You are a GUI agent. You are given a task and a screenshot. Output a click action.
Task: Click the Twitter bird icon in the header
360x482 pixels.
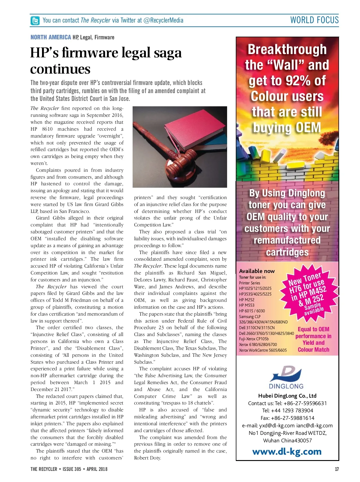[35, 21]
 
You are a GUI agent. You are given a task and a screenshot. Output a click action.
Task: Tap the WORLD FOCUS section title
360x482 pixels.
[314, 20]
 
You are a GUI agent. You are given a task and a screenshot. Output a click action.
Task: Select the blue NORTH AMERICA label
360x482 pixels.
[51, 37]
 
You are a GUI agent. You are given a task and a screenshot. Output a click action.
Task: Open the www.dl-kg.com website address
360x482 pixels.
[287, 452]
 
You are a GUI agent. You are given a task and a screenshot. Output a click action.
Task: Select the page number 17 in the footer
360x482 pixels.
[337, 469]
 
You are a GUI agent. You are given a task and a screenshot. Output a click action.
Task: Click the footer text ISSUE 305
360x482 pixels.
[72, 469]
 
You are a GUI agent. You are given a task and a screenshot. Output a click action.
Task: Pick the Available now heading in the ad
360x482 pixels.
[257, 271]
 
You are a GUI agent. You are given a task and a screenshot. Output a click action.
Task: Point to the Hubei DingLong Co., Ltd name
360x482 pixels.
[287, 396]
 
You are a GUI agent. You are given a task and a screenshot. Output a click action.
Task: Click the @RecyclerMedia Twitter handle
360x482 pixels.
[163, 20]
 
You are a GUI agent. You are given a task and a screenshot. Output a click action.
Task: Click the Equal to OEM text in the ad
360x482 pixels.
[313, 329]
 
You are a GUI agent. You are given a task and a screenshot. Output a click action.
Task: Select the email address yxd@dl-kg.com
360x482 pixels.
[277, 425]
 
